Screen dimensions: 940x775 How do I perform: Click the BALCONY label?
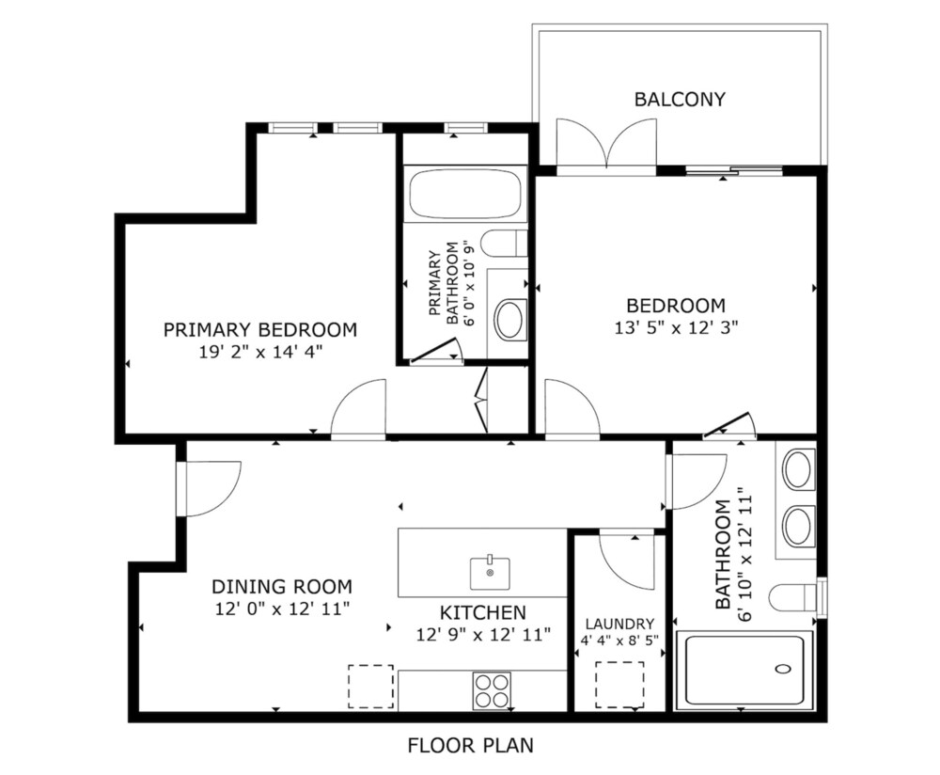[680, 99]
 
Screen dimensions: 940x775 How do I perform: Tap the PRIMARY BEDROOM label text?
[260, 329]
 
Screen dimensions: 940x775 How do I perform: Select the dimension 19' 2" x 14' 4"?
[260, 352]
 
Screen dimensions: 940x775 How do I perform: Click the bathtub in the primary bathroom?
[464, 193]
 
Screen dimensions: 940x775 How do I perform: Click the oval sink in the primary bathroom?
[509, 319]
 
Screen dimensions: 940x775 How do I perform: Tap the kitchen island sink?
[490, 574]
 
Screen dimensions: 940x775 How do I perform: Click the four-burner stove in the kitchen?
[492, 690]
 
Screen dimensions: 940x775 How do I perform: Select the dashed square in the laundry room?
[619, 685]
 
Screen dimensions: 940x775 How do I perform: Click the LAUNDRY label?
[619, 624]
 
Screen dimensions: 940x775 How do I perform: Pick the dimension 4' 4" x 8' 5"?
[619, 640]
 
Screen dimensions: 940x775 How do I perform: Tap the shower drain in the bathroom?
[783, 668]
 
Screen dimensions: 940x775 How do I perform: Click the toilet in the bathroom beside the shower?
[792, 597]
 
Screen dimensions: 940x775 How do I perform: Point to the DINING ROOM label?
[282, 586]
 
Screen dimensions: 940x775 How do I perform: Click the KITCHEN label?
[483, 612]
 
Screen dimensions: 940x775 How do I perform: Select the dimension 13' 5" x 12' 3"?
[676, 327]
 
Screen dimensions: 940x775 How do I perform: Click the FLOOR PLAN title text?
[471, 745]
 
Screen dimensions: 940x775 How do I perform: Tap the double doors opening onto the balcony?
[606, 147]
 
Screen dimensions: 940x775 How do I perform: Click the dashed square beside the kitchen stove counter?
[371, 687]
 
